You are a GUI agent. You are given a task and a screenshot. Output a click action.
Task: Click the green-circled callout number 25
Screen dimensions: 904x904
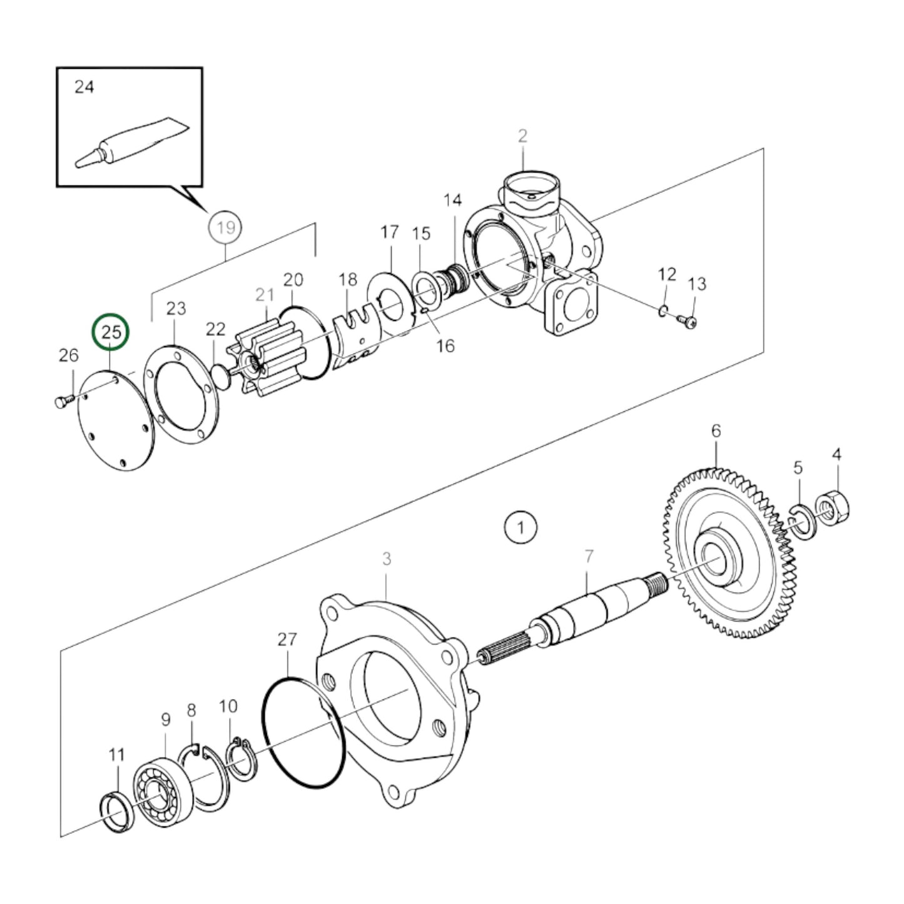tap(110, 332)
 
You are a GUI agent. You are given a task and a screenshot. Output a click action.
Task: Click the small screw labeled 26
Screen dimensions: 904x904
tap(62, 401)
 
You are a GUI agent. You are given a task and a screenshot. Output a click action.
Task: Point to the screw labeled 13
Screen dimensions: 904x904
tap(688, 322)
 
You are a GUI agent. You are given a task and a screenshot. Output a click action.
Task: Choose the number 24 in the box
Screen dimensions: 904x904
tap(84, 86)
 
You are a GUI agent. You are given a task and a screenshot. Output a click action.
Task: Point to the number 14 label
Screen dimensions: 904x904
tap(452, 200)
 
